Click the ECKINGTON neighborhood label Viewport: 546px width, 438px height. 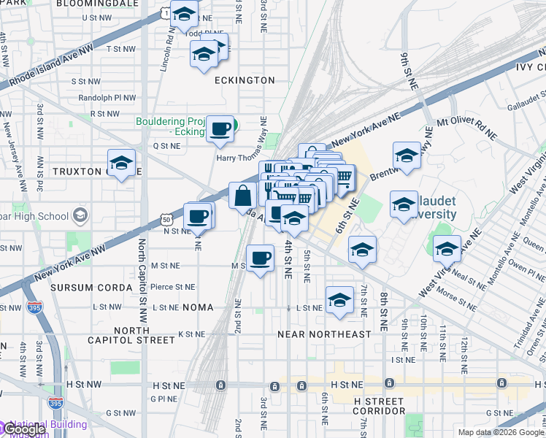pos(245,80)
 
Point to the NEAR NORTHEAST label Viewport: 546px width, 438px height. pos(325,334)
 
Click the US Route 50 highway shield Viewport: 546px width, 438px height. pos(166,219)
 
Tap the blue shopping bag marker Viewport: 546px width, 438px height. pos(242,196)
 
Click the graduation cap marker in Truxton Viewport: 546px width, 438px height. pos(121,163)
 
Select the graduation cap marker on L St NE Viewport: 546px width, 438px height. pos(339,301)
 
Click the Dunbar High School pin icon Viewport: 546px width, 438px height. pos(80,215)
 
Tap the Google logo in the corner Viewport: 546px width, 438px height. pos(25,429)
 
